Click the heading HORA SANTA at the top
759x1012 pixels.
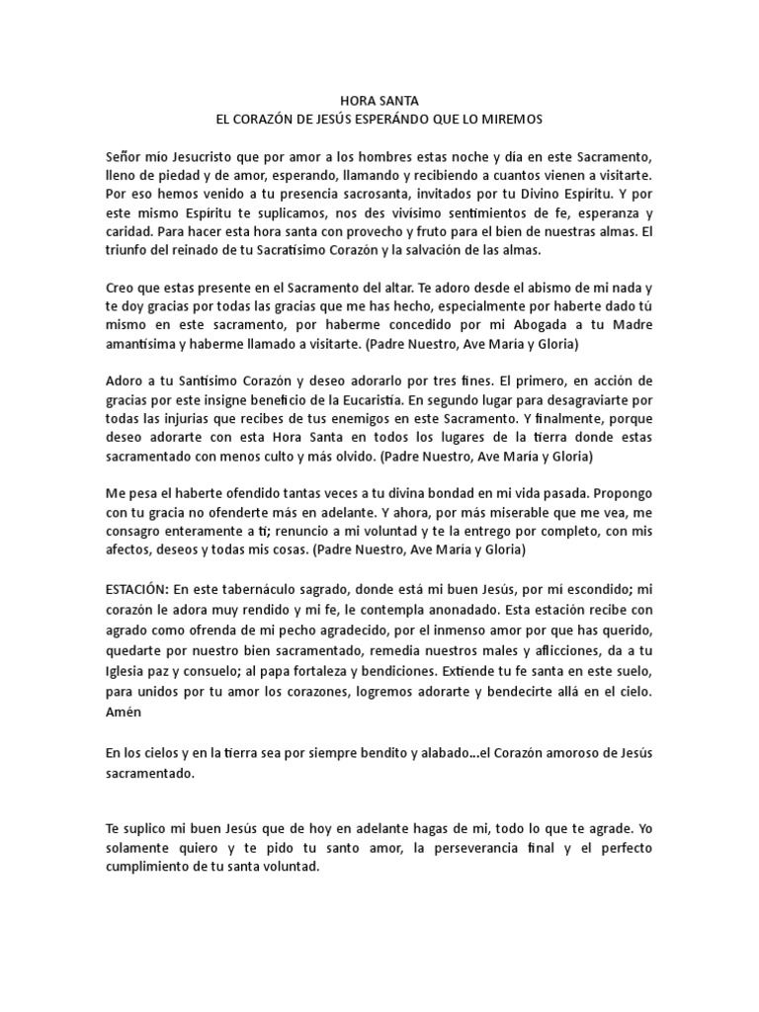point(379,101)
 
